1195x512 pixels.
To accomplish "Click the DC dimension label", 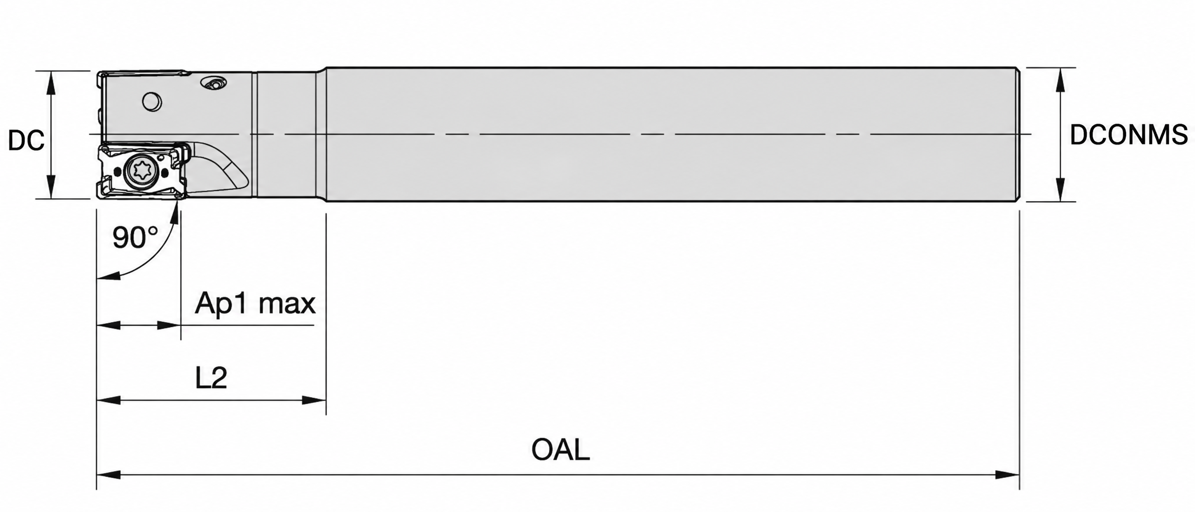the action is click(x=26, y=140).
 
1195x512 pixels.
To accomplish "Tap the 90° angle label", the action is click(x=135, y=237).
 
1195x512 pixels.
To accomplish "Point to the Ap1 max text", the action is click(x=255, y=304).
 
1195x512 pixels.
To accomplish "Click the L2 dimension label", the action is click(x=211, y=378).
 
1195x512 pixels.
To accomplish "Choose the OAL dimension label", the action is click(x=561, y=449).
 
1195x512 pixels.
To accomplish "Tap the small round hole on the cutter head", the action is click(x=152, y=101).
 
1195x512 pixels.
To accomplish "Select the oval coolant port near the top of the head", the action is click(x=214, y=84).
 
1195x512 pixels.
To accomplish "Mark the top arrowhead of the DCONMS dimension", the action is click(x=1060, y=79).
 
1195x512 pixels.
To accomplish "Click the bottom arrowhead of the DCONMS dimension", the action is click(x=1060, y=190).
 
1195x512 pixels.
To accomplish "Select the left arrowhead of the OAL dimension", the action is click(x=108, y=475).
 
